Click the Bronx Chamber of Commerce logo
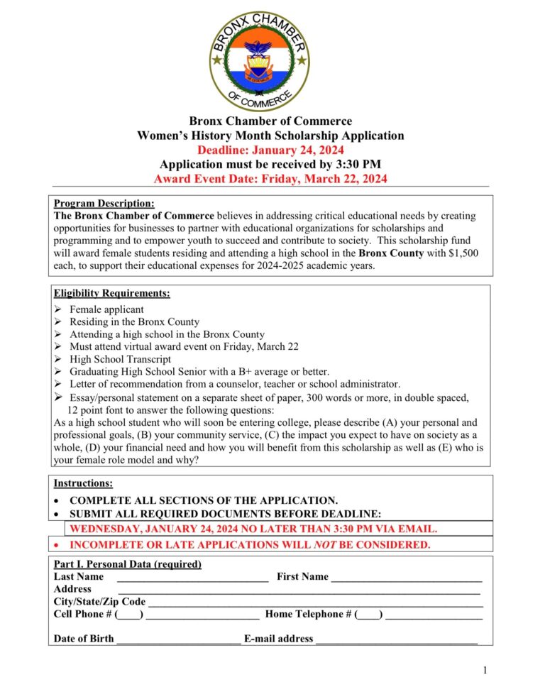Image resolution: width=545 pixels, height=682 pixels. click(259, 61)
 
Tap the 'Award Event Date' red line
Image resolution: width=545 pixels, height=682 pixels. click(270, 179)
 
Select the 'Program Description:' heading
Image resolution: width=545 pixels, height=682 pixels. click(104, 204)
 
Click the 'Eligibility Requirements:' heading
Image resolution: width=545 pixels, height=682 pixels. click(111, 293)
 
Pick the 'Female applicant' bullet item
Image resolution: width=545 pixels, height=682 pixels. click(106, 309)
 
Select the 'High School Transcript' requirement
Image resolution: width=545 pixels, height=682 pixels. click(120, 359)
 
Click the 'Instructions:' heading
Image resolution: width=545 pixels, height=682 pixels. click(83, 483)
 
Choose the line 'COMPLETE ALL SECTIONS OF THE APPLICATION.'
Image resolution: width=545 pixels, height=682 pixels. click(204, 500)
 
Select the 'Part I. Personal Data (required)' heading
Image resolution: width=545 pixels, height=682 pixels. click(128, 564)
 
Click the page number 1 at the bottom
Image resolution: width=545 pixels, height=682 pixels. click(485, 670)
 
